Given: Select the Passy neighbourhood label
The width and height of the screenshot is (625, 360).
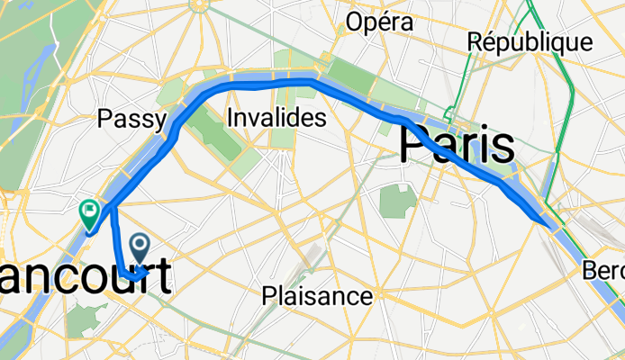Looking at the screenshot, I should [132, 119].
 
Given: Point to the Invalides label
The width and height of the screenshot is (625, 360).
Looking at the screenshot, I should [276, 118].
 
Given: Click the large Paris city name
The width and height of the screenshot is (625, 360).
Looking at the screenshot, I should [457, 144].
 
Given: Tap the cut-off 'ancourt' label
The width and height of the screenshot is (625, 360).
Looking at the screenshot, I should [86, 277].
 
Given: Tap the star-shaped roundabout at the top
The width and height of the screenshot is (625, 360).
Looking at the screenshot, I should [200, 5].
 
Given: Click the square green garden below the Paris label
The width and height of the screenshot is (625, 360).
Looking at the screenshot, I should [395, 202].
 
